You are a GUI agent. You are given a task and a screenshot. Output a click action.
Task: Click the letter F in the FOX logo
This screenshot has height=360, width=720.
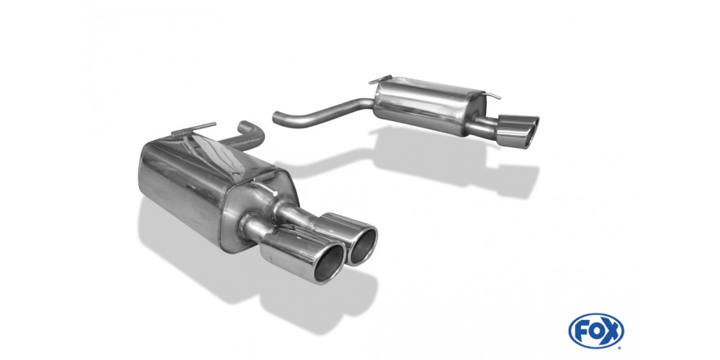pos(582,331)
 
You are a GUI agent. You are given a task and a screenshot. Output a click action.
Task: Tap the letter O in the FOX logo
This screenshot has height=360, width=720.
pos(596,331)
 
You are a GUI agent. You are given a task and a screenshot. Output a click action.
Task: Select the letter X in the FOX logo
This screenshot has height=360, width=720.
pos(611,331)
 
